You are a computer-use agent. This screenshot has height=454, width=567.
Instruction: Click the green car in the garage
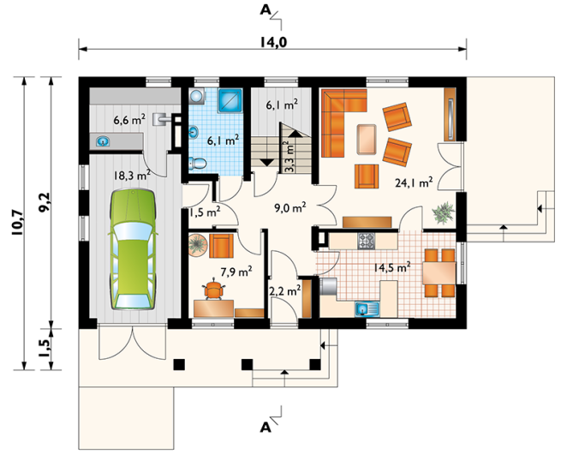(x=134, y=249)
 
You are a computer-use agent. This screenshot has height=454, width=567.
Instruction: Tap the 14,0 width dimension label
(x=273, y=42)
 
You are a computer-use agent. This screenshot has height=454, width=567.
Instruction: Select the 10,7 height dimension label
(x=18, y=223)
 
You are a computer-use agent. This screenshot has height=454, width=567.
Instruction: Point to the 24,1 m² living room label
(x=414, y=182)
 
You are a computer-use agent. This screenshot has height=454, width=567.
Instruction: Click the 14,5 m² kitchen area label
(x=392, y=268)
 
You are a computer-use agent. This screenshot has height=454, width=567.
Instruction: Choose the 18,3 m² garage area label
(x=132, y=176)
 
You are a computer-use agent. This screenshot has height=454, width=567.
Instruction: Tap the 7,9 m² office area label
(x=236, y=272)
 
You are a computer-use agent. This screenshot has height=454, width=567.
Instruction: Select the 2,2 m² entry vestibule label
(x=285, y=290)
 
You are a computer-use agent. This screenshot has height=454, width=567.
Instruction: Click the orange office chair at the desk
(x=214, y=290)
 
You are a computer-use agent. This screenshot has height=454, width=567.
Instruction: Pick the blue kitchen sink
(x=367, y=309)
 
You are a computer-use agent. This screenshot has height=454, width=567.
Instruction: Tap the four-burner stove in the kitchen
(x=367, y=241)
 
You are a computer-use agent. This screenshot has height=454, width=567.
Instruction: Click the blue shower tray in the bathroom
(x=230, y=100)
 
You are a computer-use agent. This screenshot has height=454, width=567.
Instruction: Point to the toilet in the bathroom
(x=197, y=164)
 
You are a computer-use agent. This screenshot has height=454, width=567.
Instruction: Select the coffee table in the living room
(x=367, y=140)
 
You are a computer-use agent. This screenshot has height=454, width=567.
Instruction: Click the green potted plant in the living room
(x=444, y=212)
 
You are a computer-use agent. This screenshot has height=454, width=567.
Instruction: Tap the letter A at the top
(x=265, y=10)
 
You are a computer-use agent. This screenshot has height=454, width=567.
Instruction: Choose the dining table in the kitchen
(x=439, y=273)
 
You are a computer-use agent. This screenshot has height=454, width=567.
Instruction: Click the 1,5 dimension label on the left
(x=45, y=349)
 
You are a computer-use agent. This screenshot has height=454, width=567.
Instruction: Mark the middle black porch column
(x=248, y=364)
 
